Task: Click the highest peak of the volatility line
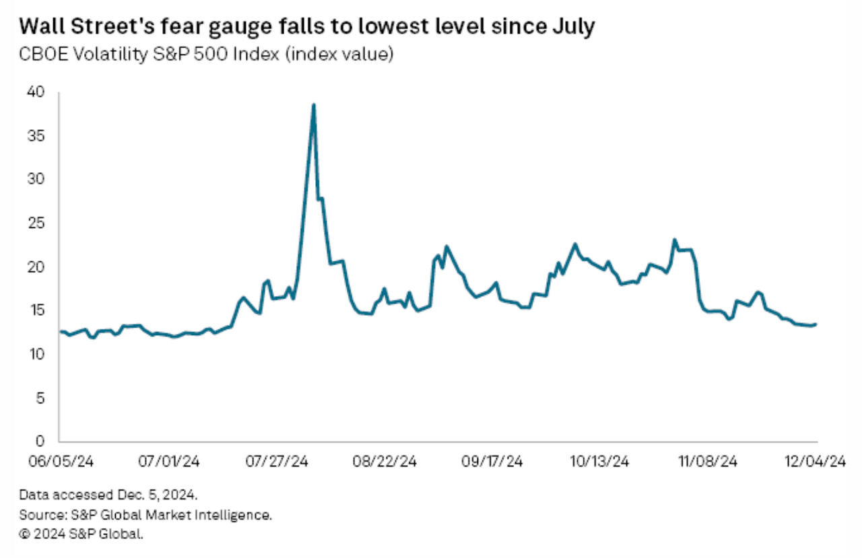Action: [x=313, y=105]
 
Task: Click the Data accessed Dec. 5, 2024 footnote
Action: [x=108, y=495]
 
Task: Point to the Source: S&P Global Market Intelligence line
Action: [x=145, y=515]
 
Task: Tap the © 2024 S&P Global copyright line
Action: [x=81, y=534]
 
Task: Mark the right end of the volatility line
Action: [x=816, y=324]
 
